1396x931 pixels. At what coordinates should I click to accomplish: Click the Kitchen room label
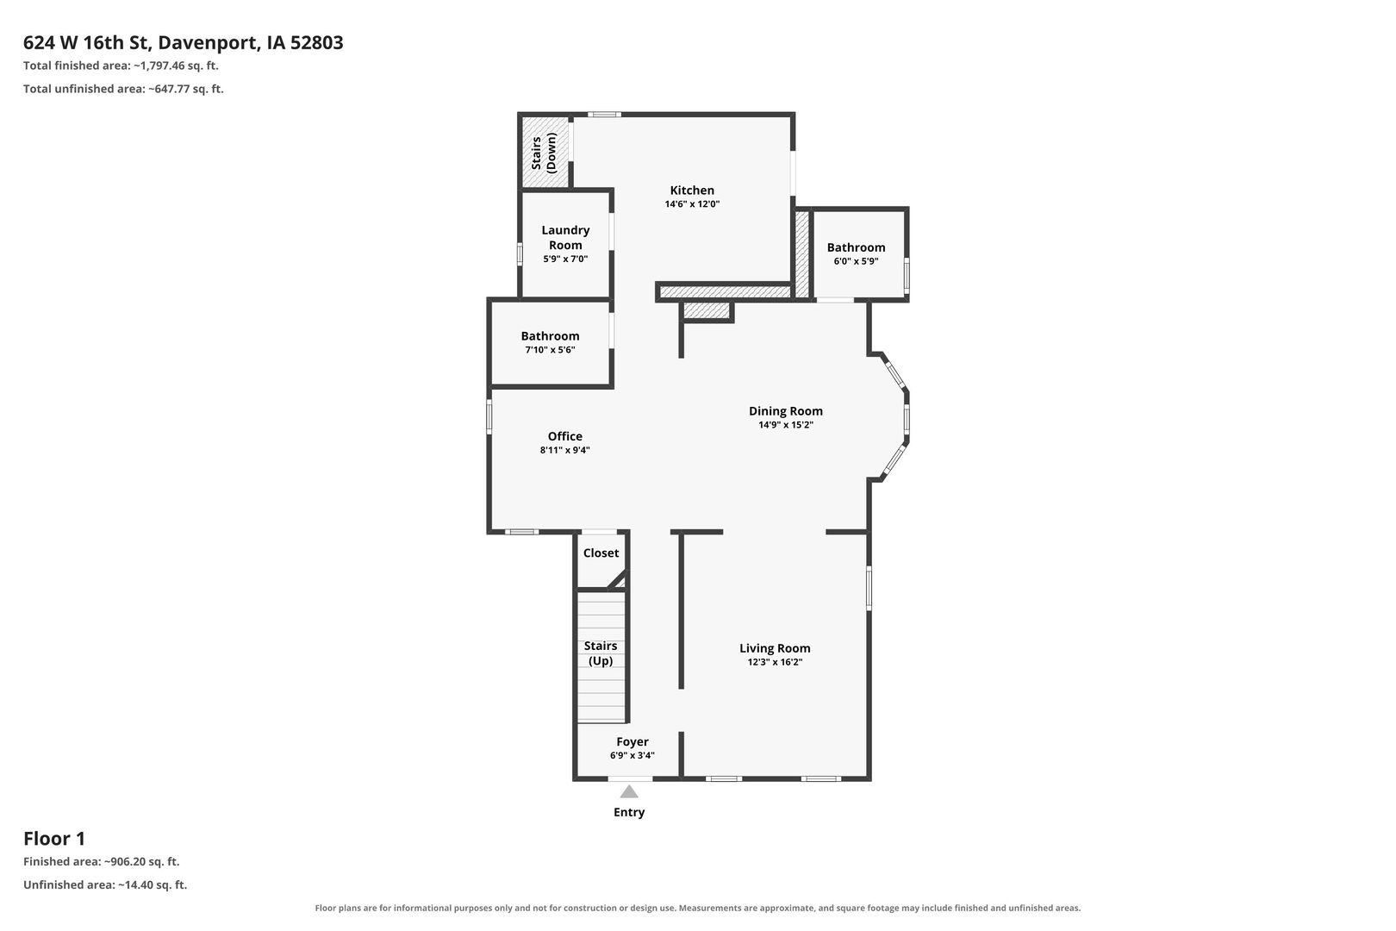tap(692, 191)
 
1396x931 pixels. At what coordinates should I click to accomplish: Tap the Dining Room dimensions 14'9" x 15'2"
tap(785, 425)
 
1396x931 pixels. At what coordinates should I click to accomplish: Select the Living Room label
tap(775, 648)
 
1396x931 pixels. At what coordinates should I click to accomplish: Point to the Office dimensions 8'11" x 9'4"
tap(564, 450)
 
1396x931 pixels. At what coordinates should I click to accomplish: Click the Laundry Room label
tap(565, 238)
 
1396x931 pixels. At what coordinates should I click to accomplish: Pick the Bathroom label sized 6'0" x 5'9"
tap(856, 247)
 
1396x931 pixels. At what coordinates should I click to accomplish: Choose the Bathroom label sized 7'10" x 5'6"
tap(550, 336)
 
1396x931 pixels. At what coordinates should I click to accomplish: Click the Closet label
tap(601, 553)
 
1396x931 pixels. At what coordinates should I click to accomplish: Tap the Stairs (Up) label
tap(601, 653)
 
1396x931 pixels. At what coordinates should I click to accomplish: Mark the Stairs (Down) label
tap(544, 153)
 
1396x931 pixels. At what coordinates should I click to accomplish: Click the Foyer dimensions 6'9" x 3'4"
tap(632, 755)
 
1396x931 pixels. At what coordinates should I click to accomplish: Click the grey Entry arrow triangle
tap(629, 792)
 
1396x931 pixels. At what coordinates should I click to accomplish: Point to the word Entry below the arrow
tap(629, 812)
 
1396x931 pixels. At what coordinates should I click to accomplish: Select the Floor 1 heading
tap(54, 839)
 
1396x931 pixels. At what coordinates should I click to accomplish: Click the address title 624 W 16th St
tap(86, 42)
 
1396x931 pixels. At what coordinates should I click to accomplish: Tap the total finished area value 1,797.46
tap(163, 66)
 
